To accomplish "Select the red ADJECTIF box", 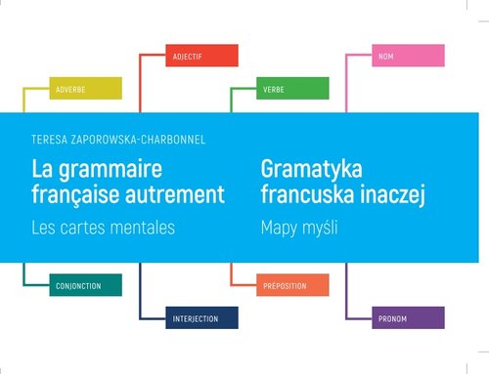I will pyautogui.click(x=201, y=56).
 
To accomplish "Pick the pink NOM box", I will pyautogui.click(x=409, y=56).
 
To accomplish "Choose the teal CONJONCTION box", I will pyautogui.click(x=85, y=285).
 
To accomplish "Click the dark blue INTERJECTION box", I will pyautogui.click(x=201, y=318).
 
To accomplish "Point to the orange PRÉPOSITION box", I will pyautogui.click(x=292, y=285).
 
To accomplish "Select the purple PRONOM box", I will pyautogui.click(x=409, y=318).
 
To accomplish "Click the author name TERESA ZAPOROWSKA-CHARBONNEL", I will pyautogui.click(x=119, y=140).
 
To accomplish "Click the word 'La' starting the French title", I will pyautogui.click(x=43, y=168).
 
